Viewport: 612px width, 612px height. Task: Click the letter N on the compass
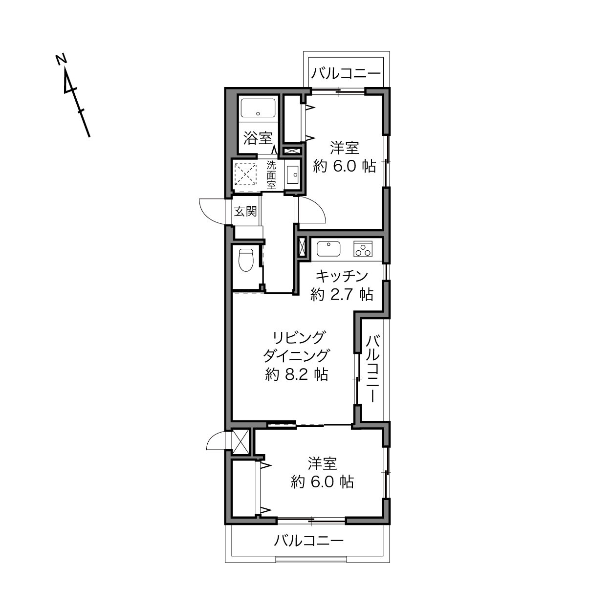pos(61,59)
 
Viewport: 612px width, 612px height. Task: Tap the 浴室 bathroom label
pos(258,138)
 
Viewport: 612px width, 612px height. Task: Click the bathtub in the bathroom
pos(258,108)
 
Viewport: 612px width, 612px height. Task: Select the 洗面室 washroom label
pos(271,175)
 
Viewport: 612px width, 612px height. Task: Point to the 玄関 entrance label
pos(245,211)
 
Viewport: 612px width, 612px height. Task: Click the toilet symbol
pos(246,260)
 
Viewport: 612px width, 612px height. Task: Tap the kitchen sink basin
pos(328,249)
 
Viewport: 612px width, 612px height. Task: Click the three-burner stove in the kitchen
pos(363,249)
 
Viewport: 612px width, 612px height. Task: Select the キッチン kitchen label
pos(341,276)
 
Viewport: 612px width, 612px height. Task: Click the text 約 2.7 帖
pos(342,295)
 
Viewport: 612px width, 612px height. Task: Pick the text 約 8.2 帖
pos(297,375)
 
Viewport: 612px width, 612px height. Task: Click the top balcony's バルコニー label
pos(346,74)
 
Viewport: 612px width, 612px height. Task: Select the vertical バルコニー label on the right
pos(372,369)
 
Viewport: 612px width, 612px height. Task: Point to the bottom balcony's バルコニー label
pos(309,540)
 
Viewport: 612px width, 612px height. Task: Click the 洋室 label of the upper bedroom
pos(344,148)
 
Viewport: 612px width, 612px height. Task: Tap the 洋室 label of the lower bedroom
pos(322,464)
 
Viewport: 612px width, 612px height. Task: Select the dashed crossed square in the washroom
pos(245,174)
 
